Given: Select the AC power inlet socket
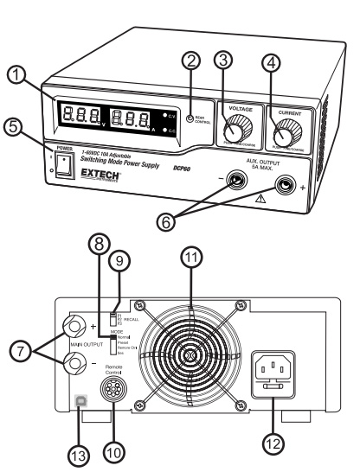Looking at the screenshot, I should pyautogui.click(x=280, y=366).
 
